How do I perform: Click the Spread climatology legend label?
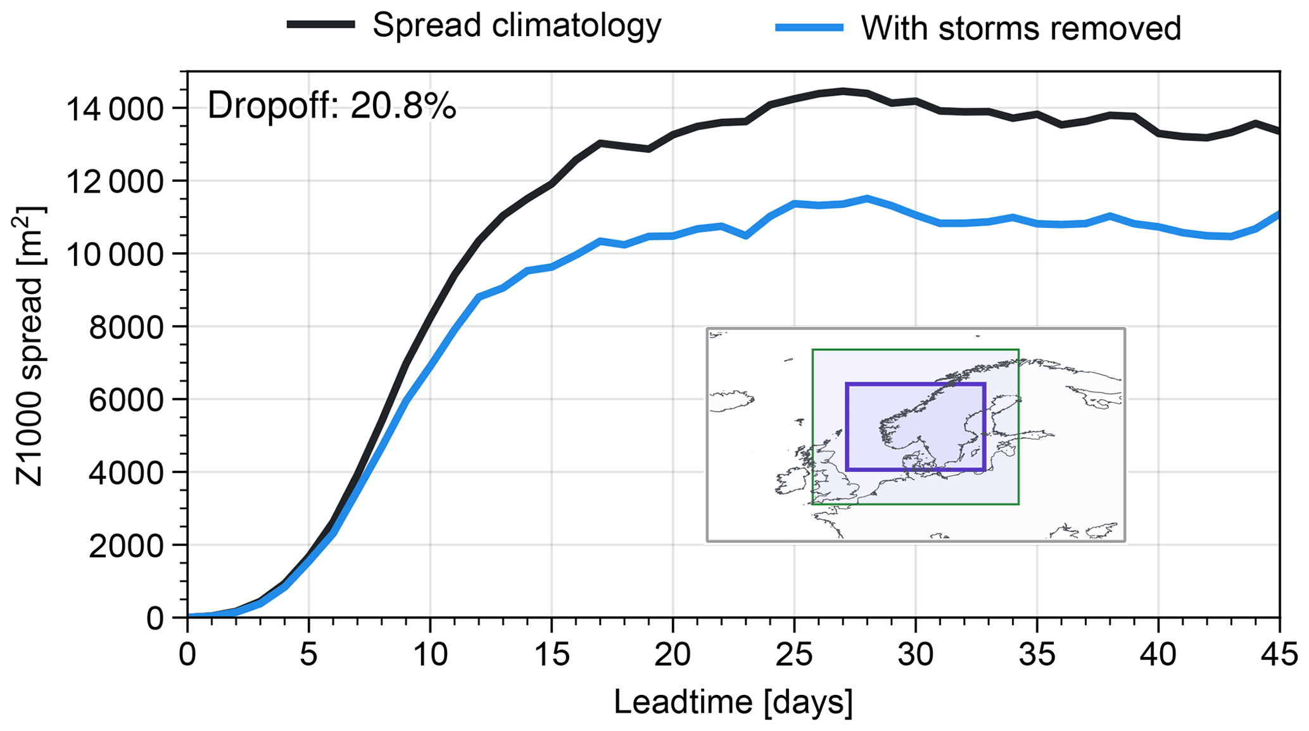coord(516,25)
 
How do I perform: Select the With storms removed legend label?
coord(1020,28)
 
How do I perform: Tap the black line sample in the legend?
coord(320,25)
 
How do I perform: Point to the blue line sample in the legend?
coord(809,27)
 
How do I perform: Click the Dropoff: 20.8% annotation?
coord(331,105)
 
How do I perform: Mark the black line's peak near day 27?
coord(843,91)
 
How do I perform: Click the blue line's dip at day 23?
coord(746,236)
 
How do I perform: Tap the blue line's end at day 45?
coord(1279,214)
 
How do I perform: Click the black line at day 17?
coord(600,143)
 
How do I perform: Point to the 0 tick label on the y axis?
coord(155,618)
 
